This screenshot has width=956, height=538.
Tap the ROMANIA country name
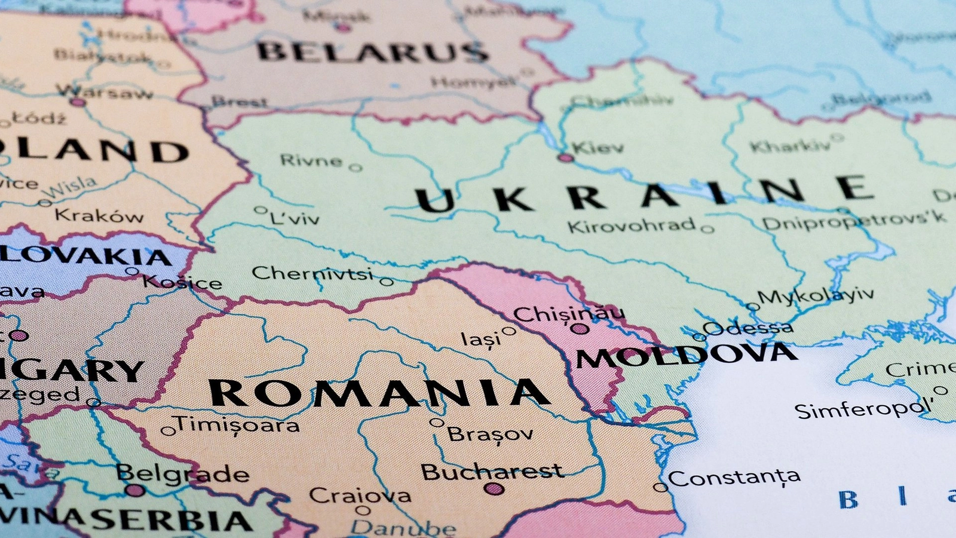pyautogui.click(x=379, y=393)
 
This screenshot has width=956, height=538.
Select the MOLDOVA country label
pyautogui.click(x=686, y=356)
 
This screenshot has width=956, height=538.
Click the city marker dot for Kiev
pyautogui.click(x=565, y=158)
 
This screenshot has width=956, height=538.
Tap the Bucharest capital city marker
pyautogui.click(x=494, y=489)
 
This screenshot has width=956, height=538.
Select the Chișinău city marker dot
pyautogui.click(x=579, y=328)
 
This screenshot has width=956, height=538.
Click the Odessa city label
pyautogui.click(x=748, y=328)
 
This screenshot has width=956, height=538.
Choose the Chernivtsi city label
pyautogui.click(x=312, y=274)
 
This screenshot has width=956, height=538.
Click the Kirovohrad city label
pyautogui.click(x=632, y=226)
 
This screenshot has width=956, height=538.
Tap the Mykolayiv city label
pyautogui.click(x=816, y=295)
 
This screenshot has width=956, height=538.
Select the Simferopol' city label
pyautogui.click(x=862, y=410)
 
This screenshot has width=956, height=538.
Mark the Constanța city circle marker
pyautogui.click(x=660, y=487)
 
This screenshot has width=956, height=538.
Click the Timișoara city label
pyautogui.click(x=238, y=424)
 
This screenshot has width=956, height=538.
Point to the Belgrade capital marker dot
pyautogui.click(x=136, y=490)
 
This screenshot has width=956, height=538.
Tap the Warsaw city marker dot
pyautogui.click(x=78, y=102)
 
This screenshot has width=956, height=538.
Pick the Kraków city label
pyautogui.click(x=99, y=215)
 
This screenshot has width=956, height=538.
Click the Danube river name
pyautogui.click(x=403, y=528)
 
